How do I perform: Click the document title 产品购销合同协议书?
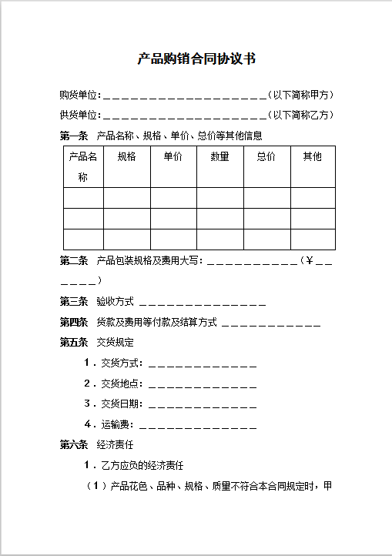(x=196, y=59)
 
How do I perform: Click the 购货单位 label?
(x=79, y=95)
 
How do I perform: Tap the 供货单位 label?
(x=79, y=116)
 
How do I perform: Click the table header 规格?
(x=127, y=157)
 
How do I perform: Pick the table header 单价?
(x=173, y=157)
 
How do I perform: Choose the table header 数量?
(x=219, y=157)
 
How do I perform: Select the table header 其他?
(x=312, y=157)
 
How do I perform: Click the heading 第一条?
(x=74, y=136)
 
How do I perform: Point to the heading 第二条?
(x=74, y=261)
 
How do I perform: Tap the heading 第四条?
(x=74, y=322)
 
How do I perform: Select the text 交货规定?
(x=115, y=342)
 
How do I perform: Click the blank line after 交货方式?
(x=202, y=363)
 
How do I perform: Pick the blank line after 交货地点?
(x=202, y=384)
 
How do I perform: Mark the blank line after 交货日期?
(x=202, y=404)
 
